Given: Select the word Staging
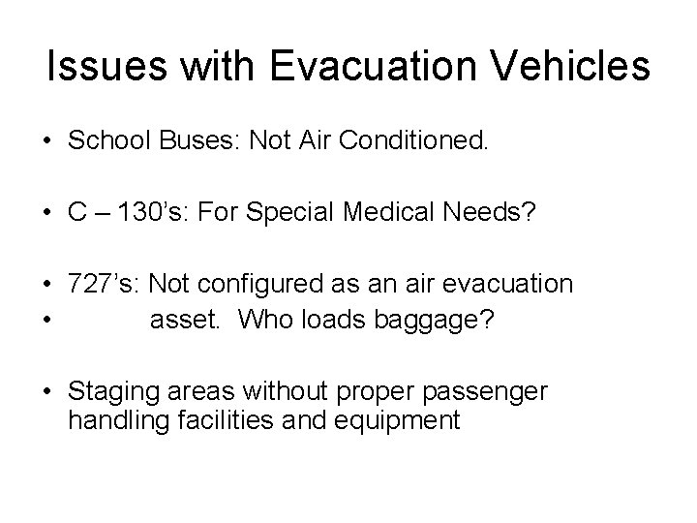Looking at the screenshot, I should (108, 392).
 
